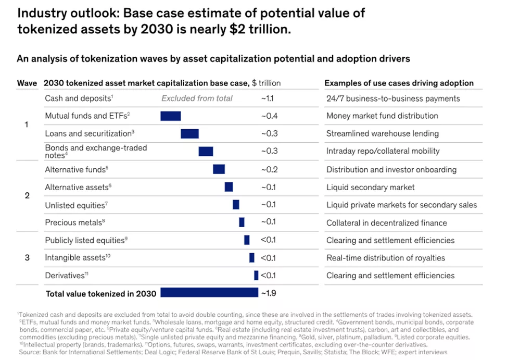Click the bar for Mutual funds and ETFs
coord(170,116)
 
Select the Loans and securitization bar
coord(189,133)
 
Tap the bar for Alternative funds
coord(219,169)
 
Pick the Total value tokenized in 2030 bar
coord(209,293)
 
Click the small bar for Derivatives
coord(256,275)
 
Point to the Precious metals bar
coord(242,222)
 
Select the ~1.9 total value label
coord(268,293)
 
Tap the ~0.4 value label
coord(269,116)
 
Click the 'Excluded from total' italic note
coord(197,98)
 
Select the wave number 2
coord(27,196)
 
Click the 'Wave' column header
coord(27,83)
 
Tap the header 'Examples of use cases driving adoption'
coord(399,83)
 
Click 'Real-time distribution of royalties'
coord(386,258)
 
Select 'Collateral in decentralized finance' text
coord(386,223)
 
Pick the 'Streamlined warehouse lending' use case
coord(383,133)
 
